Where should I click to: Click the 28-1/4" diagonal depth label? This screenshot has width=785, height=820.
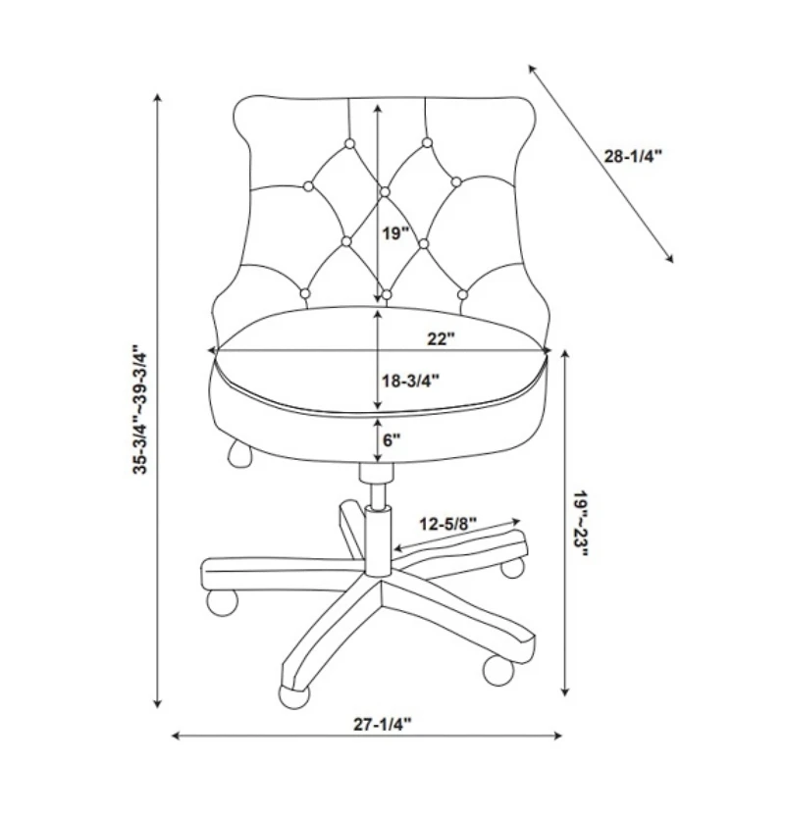tap(633, 156)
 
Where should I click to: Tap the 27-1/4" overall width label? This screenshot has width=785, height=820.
tap(383, 724)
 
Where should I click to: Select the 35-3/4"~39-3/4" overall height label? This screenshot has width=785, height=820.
tap(139, 409)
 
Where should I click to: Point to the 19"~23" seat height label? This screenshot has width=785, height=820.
tap(580, 524)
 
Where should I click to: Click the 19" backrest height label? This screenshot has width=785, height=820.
tap(394, 233)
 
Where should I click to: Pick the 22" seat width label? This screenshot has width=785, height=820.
tap(442, 338)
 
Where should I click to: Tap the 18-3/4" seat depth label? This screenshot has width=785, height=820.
tap(410, 381)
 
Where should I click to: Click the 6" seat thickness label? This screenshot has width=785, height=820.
tap(392, 440)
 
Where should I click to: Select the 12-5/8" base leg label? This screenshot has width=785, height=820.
tap(448, 524)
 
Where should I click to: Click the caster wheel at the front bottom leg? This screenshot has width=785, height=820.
tap(294, 696)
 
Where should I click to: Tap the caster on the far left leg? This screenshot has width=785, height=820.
tap(223, 602)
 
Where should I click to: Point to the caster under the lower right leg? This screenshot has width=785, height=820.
tap(498, 670)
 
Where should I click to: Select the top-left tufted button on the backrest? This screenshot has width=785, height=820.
tap(349, 144)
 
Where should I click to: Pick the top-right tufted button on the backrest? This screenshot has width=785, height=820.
tap(427, 142)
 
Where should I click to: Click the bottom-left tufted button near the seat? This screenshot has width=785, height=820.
tap(305, 293)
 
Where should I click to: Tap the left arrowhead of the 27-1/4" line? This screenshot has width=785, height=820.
tap(176, 736)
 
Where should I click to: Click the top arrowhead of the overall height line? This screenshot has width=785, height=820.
tap(158, 98)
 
